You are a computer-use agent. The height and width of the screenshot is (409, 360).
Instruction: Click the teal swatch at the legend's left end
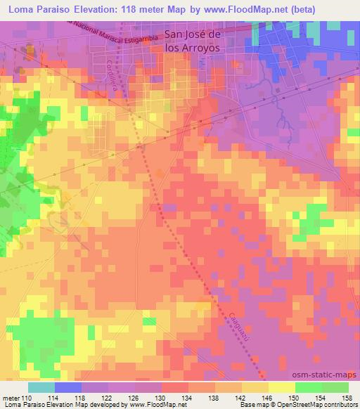point(41,387)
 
